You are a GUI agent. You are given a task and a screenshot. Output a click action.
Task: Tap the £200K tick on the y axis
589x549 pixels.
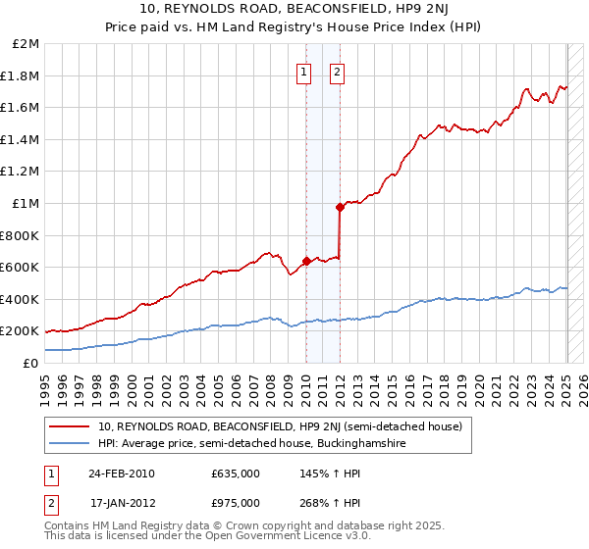click(x=20, y=331)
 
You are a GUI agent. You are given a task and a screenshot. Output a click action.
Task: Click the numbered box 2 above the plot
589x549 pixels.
click(x=337, y=71)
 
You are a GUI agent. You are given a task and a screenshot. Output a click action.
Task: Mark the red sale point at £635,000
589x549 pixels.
click(x=306, y=261)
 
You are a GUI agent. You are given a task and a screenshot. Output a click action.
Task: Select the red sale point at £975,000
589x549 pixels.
click(x=340, y=207)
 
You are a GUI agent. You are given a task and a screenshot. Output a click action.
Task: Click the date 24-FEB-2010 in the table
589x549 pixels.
click(x=122, y=474)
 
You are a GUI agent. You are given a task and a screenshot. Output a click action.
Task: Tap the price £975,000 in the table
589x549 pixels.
click(x=236, y=503)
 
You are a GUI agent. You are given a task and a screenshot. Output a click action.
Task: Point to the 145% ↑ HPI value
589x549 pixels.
click(x=323, y=474)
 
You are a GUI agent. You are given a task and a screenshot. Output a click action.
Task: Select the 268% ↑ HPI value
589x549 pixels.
click(x=323, y=503)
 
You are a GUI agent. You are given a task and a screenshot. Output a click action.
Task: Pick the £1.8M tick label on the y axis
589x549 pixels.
click(x=21, y=75)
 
